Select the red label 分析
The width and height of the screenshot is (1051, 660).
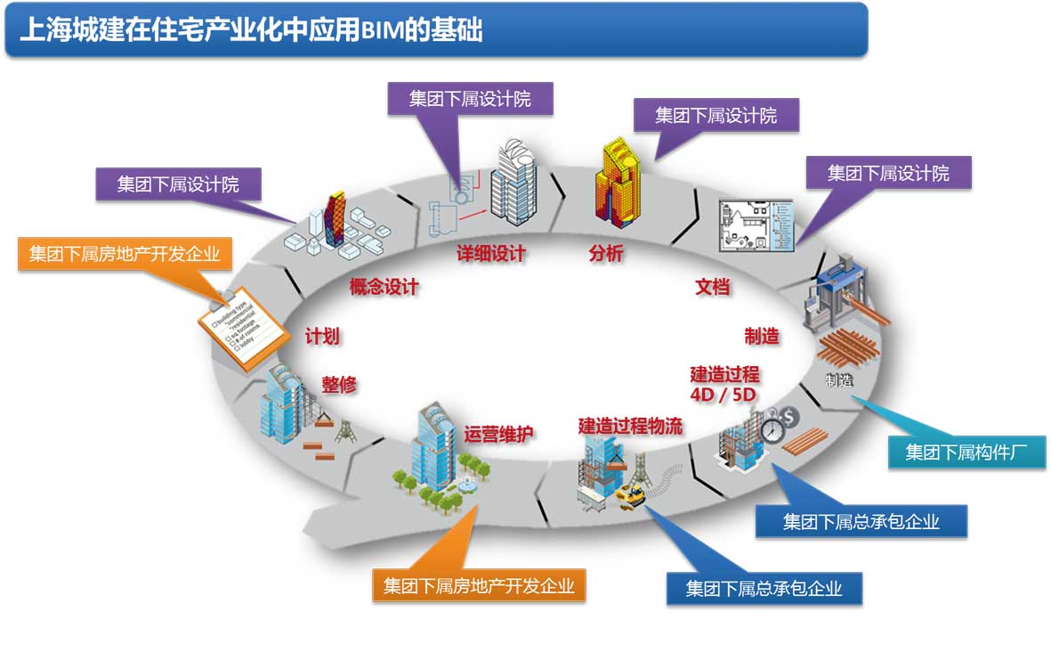[606, 254]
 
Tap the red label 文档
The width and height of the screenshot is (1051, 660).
[712, 287]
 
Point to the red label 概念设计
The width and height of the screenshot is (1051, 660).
[384, 287]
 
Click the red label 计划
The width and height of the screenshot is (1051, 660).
[322, 336]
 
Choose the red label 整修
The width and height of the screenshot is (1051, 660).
[339, 386]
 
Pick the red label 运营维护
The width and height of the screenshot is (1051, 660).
[498, 435]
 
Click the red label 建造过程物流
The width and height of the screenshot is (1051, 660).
[630, 426]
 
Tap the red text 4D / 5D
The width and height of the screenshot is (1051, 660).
[724, 394]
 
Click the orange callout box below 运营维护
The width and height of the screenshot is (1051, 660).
[479, 586]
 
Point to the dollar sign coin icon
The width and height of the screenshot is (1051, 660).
[790, 415]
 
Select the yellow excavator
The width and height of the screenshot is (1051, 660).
[631, 495]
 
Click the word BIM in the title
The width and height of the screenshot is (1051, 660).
[380, 29]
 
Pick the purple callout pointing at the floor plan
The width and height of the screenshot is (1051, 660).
[887, 173]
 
